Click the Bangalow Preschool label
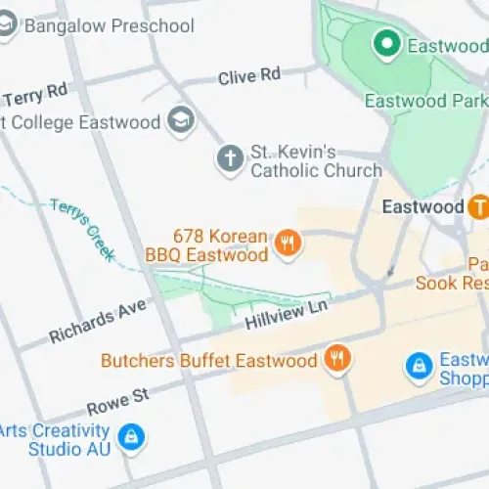pos(109,26)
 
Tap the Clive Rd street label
pos(249,75)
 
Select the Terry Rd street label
pos(36,96)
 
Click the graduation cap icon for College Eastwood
pos(181,121)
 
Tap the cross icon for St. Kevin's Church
pos(229,159)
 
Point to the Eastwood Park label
pos(425,101)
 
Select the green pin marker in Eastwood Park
pos(386,44)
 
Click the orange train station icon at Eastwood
pos(478,207)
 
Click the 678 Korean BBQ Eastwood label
pos(207,245)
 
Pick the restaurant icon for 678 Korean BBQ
pos(287,244)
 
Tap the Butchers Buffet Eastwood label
pos(209,361)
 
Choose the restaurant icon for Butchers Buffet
pos(337,360)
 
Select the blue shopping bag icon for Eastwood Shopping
pos(418,367)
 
